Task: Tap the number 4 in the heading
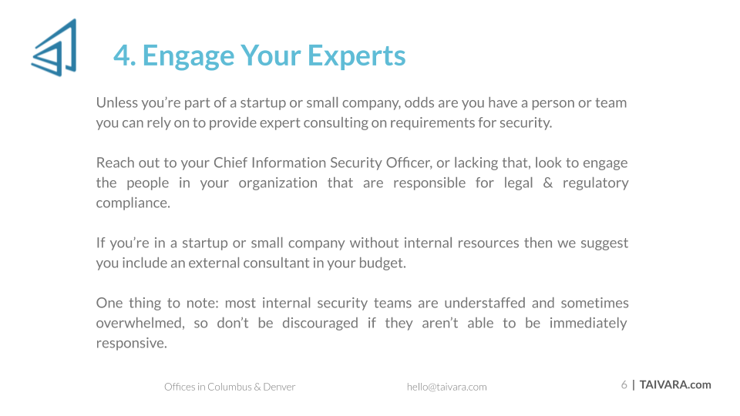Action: (122, 55)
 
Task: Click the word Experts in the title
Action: (356, 56)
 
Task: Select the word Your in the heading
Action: (271, 55)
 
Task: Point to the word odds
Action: (419, 102)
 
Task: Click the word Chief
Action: (230, 163)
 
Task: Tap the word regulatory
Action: (595, 183)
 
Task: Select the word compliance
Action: (133, 203)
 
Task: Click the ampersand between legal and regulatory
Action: (547, 183)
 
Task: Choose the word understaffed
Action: (485, 303)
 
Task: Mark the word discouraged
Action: (320, 324)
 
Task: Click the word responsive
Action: (132, 344)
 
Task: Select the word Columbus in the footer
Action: (230, 387)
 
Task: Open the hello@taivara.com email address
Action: (446, 387)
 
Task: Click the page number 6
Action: (624, 385)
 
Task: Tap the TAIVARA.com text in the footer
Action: (675, 385)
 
